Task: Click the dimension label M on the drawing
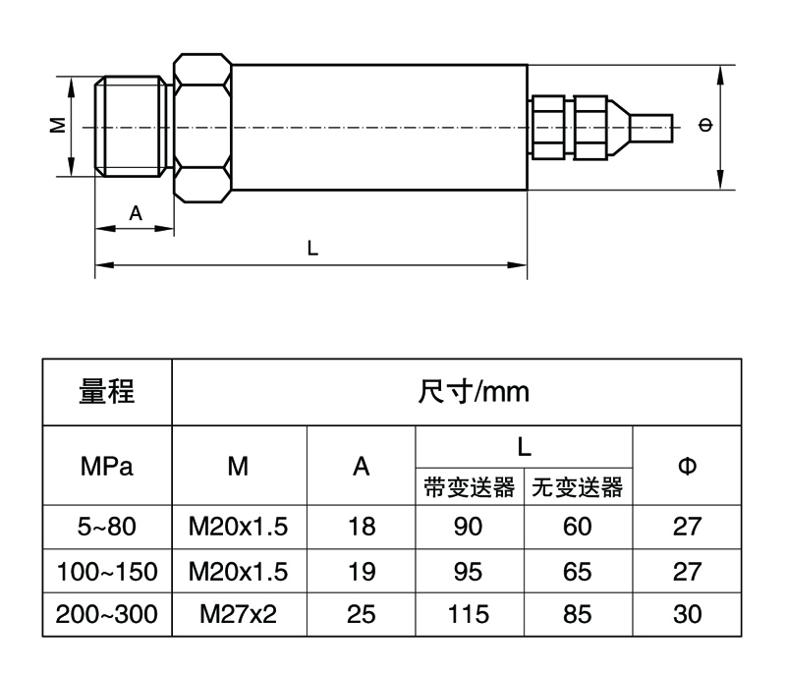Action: click(x=57, y=126)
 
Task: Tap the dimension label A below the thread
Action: click(x=136, y=212)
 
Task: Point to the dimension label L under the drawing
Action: click(x=312, y=249)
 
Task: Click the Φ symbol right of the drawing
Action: click(x=703, y=125)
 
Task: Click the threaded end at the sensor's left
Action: click(x=133, y=126)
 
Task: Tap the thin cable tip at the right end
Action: click(x=652, y=128)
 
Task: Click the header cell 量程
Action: click(x=107, y=393)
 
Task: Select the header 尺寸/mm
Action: click(x=475, y=393)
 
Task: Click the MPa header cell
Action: click(x=107, y=465)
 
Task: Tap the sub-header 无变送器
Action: click(x=578, y=486)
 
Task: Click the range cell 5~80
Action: click(x=107, y=527)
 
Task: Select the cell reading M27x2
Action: click(x=239, y=615)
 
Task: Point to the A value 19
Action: click(x=362, y=571)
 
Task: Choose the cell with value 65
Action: click(x=578, y=571)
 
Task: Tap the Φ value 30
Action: click(x=688, y=615)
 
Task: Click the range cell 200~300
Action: click(x=107, y=615)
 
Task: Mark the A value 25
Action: click(x=362, y=615)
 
